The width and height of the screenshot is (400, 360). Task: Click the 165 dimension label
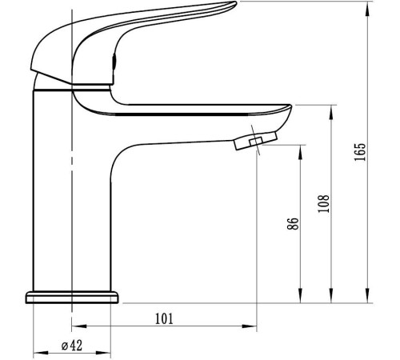[360, 152]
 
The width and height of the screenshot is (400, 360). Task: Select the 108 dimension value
[324, 203]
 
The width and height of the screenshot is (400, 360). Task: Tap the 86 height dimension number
[293, 223]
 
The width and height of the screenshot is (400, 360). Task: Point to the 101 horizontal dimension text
[164, 318]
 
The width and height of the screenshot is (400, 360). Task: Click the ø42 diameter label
[72, 346]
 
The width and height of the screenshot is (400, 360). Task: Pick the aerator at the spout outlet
[256, 141]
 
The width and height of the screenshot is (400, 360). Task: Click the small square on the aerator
[256, 141]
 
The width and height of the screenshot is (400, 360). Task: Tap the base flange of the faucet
[72, 298]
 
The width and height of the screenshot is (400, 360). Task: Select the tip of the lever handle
[234, 4]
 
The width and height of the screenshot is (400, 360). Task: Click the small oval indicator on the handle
[114, 62]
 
